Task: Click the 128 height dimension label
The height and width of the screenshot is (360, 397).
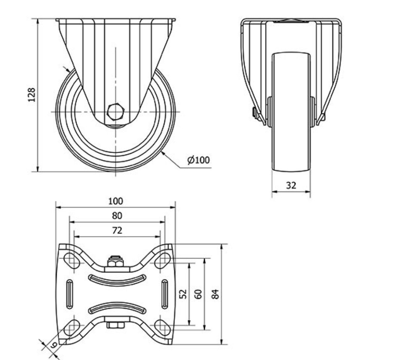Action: click(32, 95)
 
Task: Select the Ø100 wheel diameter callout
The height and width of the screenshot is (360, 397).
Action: click(198, 160)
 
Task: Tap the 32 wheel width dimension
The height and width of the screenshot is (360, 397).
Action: click(291, 185)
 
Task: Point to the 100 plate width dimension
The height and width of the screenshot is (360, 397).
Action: click(115, 202)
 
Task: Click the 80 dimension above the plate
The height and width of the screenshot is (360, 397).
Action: click(117, 215)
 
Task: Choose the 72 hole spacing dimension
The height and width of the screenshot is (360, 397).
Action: click(117, 230)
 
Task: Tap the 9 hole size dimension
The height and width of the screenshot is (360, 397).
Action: click(54, 345)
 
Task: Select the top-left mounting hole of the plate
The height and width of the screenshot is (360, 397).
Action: click(71, 260)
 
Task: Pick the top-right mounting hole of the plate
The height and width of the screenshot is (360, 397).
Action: click(162, 260)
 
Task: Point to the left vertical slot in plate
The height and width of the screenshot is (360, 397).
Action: click(70, 294)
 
